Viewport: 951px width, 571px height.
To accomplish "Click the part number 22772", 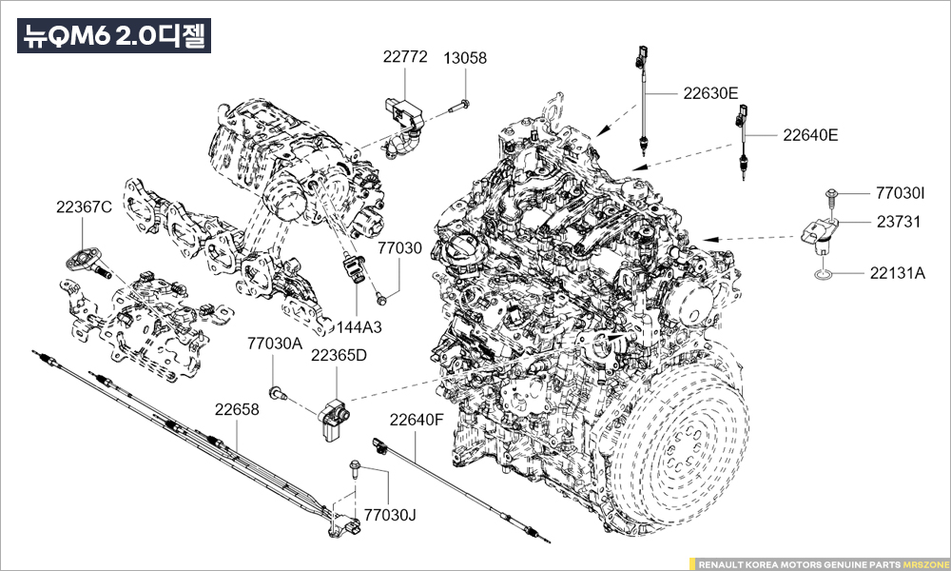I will click(x=405, y=58).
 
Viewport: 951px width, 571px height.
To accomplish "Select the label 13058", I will click(x=465, y=58).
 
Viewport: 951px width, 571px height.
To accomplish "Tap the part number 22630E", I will click(x=710, y=93).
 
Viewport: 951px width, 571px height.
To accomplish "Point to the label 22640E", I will click(x=810, y=135).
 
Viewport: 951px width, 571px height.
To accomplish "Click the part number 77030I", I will click(x=900, y=193).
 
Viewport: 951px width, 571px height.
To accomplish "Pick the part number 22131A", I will click(x=897, y=272).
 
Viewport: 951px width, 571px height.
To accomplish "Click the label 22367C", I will click(x=84, y=207).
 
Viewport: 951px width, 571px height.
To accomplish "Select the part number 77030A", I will click(x=275, y=343).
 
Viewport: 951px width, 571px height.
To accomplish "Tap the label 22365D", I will click(x=340, y=356).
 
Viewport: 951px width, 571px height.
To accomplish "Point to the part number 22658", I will click(x=236, y=409).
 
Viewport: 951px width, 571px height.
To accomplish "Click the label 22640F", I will click(x=417, y=419).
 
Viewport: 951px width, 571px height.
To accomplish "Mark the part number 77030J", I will click(x=391, y=515).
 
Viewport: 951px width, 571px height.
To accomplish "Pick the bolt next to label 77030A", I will click(x=277, y=391).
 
